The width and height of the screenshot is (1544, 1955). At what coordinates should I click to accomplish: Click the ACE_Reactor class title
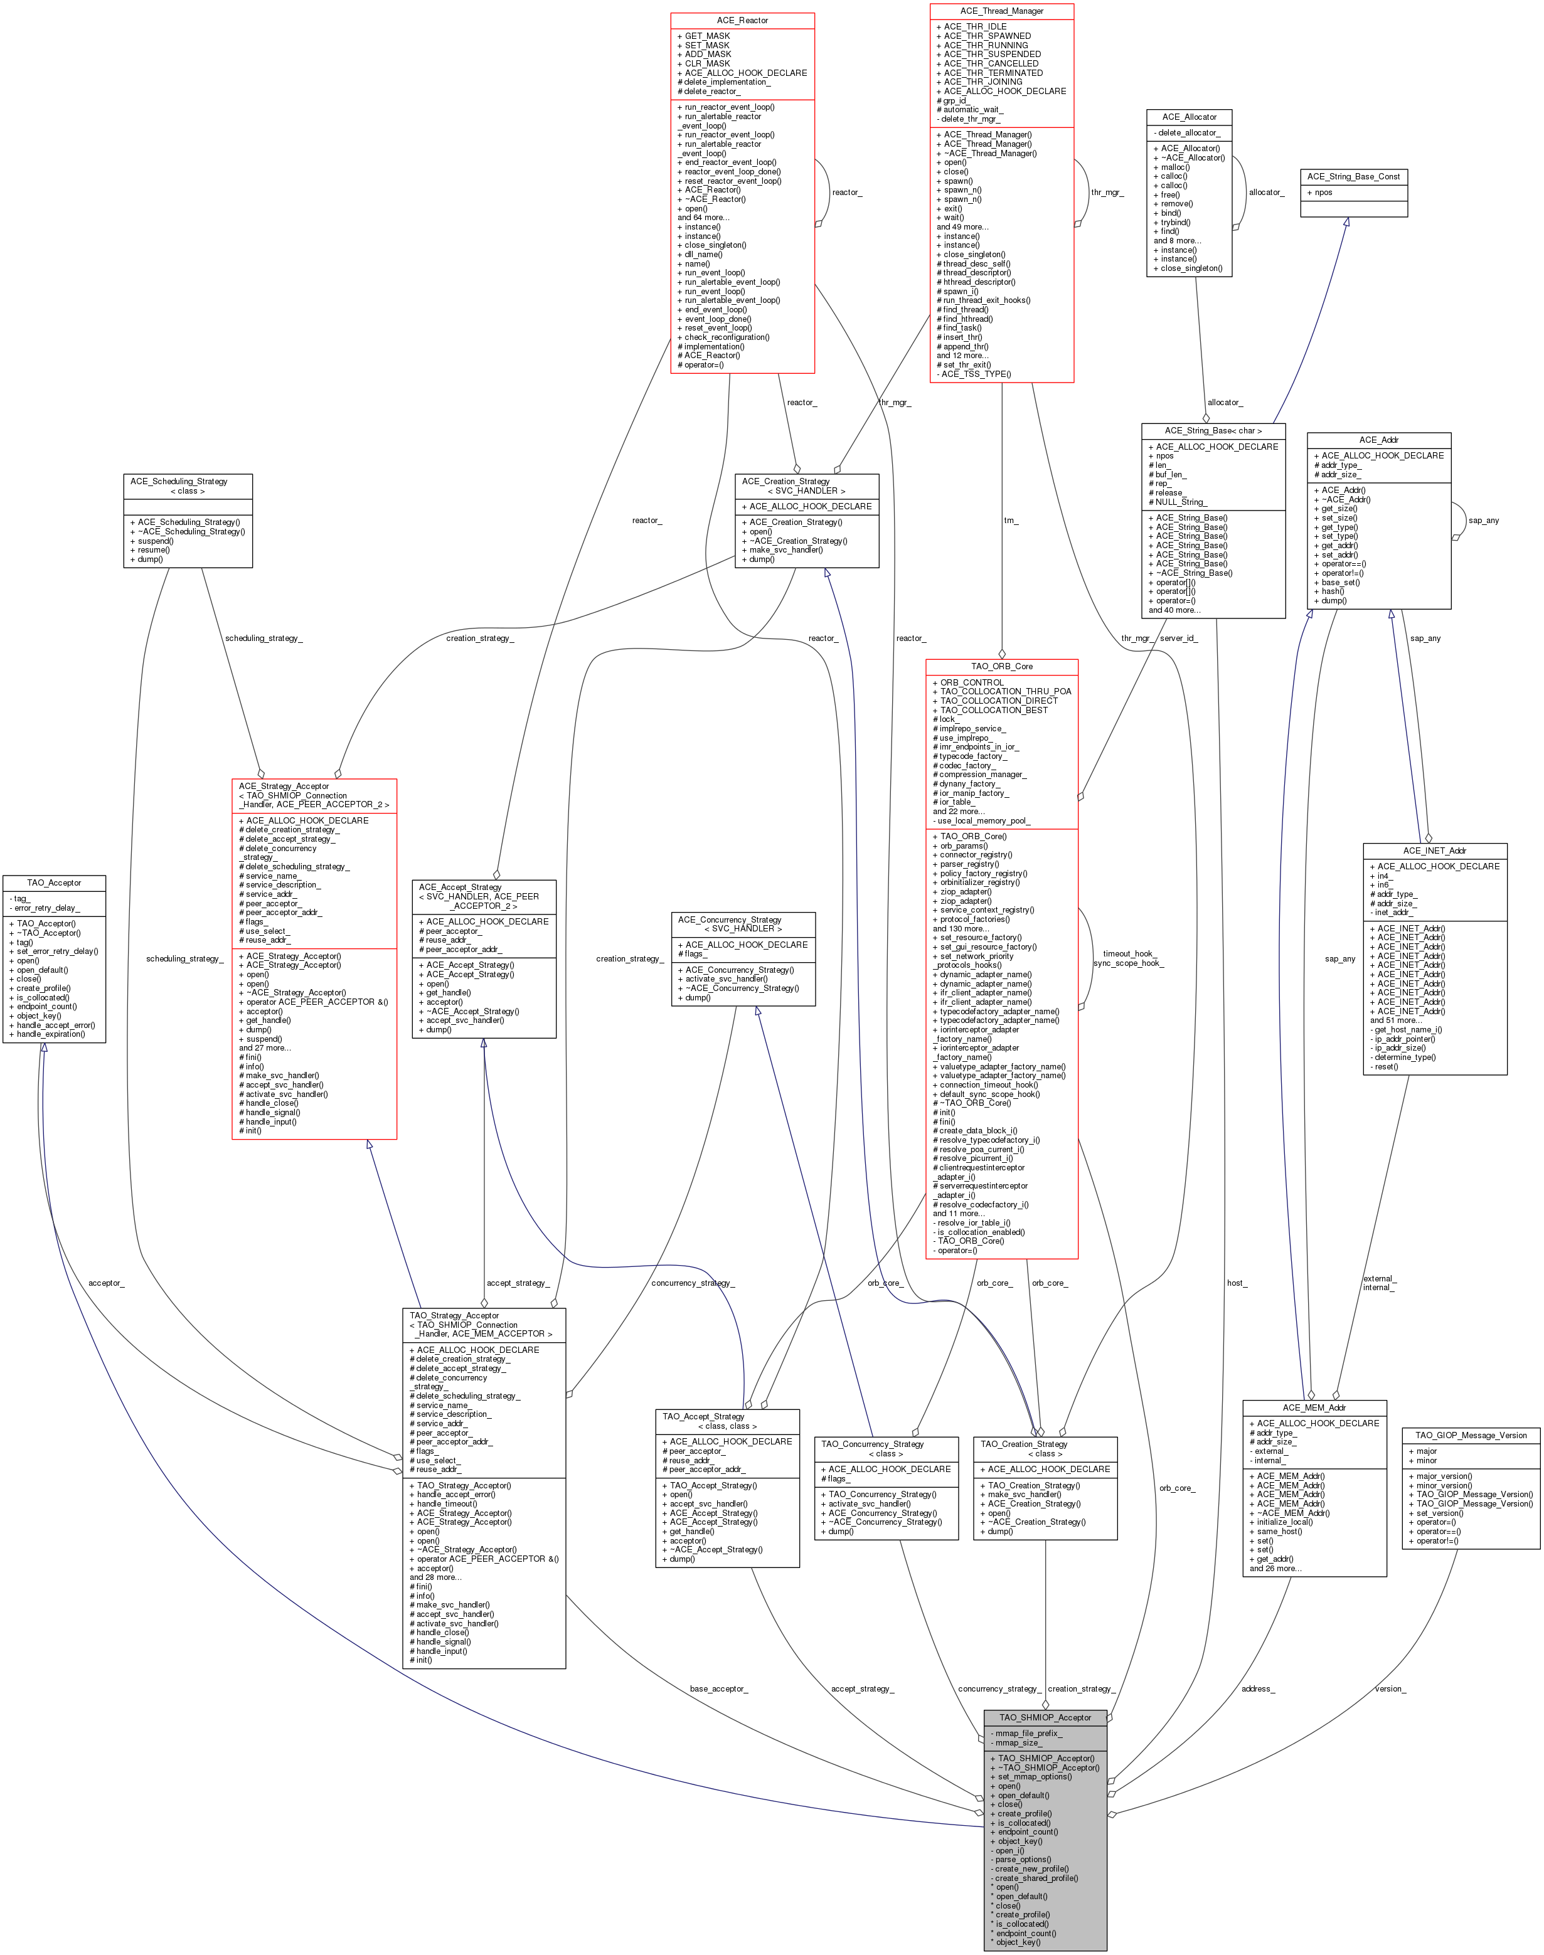[742, 21]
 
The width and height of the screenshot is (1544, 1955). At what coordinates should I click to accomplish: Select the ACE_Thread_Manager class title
[1001, 11]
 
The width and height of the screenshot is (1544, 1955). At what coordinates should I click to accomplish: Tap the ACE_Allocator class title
[1189, 117]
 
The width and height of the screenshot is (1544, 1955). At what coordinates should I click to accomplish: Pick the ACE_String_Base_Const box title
[1353, 176]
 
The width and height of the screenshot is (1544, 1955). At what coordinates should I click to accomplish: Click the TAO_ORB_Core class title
[1001, 666]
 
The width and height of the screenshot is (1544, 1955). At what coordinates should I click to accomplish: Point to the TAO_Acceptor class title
[54, 882]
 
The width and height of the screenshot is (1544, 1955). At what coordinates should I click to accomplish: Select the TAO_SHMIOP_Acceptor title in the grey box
[1045, 1717]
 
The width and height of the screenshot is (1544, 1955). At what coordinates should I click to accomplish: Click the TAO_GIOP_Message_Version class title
[1471, 1435]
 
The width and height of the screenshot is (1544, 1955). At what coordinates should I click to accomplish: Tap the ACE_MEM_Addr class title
[1314, 1407]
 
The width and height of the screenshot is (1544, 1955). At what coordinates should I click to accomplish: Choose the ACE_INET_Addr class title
[1435, 850]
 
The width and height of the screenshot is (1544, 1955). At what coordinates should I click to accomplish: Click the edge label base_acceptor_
[718, 1688]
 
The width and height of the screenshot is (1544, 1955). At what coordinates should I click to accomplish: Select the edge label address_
[1257, 1688]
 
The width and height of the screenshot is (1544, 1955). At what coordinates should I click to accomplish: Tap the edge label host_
[1237, 1283]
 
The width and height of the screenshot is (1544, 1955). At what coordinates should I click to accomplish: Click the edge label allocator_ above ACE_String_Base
[1225, 402]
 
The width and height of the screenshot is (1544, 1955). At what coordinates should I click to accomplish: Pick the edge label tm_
[1011, 521]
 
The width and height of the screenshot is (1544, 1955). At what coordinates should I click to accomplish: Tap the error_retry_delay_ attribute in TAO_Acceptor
[45, 908]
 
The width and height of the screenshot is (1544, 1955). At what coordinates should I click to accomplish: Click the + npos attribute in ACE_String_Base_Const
[1320, 193]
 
